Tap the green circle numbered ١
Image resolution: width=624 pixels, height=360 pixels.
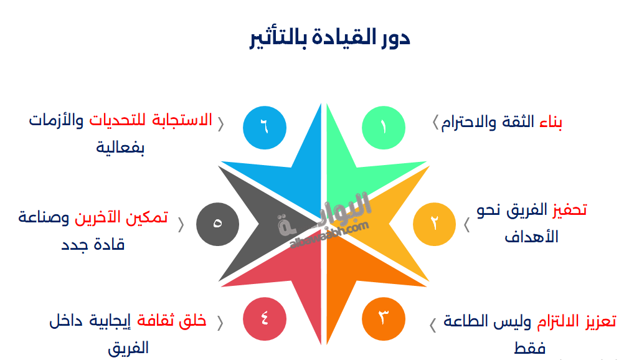click(384, 127)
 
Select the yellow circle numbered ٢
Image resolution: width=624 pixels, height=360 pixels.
click(434, 224)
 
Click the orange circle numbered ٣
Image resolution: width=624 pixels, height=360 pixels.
click(384, 320)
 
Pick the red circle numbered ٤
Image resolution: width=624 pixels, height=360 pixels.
click(265, 320)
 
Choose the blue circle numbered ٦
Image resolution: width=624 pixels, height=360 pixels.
click(265, 127)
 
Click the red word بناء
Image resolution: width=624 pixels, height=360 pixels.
click(550, 122)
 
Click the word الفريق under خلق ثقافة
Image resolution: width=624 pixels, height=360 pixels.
click(128, 348)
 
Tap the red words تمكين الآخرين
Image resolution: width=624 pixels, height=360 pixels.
click(121, 217)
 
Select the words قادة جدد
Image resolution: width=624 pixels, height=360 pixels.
click(93, 244)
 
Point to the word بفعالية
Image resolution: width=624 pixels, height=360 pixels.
click(122, 148)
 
